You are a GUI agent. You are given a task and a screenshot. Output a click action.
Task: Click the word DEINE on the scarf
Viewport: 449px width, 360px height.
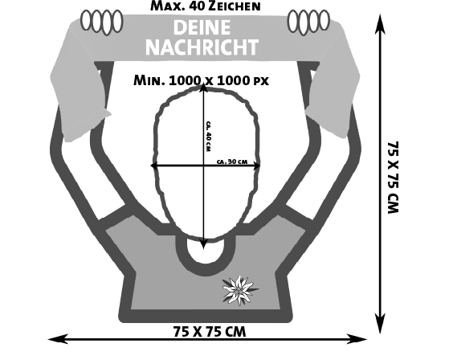coord(202,27)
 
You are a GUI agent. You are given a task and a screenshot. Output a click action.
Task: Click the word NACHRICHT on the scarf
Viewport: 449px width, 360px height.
coord(202,47)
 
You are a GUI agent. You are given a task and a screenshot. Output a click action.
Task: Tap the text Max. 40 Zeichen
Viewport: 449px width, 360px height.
coord(206,6)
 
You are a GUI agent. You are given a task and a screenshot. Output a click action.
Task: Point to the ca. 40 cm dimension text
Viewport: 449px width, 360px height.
coord(209,137)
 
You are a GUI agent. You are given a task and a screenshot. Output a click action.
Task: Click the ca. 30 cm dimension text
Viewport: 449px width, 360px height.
coord(232,162)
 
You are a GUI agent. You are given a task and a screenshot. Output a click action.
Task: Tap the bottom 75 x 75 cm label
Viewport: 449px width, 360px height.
coord(210,332)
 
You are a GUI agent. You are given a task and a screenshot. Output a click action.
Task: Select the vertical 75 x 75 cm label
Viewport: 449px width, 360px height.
coord(393,178)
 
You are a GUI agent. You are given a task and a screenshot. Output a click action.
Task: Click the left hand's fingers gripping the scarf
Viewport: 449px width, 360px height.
coord(102,22)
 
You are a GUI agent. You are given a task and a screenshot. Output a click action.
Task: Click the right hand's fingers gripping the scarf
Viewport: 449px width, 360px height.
coord(308,22)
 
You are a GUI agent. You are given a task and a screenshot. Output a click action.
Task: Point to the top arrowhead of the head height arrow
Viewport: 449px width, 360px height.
coord(203,87)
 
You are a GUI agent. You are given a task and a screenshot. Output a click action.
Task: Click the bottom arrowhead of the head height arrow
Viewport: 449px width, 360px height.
coord(203,243)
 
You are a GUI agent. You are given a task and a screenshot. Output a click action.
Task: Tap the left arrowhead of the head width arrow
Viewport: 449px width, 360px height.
coord(155,166)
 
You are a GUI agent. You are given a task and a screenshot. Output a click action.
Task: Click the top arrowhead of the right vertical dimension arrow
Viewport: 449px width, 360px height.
coord(380,23)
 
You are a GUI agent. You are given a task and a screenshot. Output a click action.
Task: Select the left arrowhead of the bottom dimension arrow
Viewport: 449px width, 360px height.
coord(58,339)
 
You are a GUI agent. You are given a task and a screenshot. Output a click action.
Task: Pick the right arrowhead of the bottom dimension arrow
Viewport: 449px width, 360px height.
coord(357,339)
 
